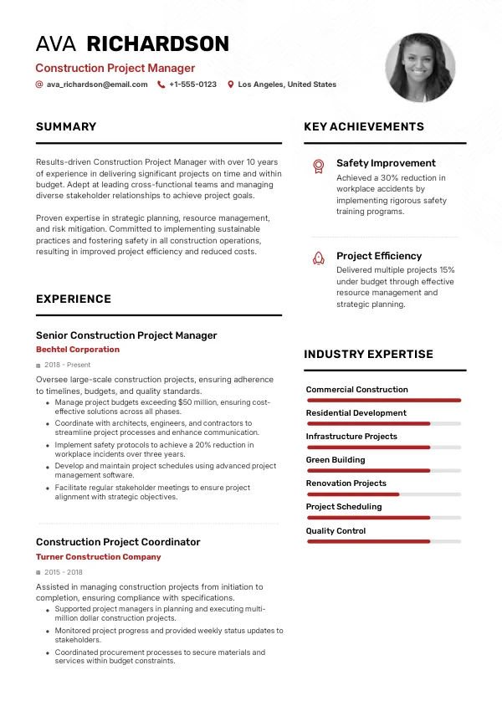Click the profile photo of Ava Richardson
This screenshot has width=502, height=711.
(421, 68)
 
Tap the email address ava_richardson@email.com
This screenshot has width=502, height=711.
(97, 84)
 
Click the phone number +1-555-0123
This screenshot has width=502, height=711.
(192, 84)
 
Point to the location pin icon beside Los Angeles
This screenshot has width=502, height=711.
(231, 84)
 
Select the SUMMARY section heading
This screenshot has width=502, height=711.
(66, 127)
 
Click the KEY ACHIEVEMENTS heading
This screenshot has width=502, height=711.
(364, 127)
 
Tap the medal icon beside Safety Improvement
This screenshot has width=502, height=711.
(318, 166)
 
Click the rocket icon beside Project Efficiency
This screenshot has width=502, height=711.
(318, 258)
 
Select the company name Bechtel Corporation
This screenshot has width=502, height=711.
(78, 350)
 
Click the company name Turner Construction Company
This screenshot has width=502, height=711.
(99, 557)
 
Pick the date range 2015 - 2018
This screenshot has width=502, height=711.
(64, 572)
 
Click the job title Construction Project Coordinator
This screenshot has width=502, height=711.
(118, 542)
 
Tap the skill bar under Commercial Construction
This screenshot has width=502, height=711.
(384, 401)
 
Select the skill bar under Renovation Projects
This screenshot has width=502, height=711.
(384, 494)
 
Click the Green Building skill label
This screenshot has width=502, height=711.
(336, 460)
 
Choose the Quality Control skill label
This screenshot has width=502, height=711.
(336, 530)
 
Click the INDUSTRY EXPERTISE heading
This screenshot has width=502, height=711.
(368, 355)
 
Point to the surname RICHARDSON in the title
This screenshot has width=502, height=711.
(158, 44)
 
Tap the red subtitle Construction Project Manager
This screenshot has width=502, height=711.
(115, 69)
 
